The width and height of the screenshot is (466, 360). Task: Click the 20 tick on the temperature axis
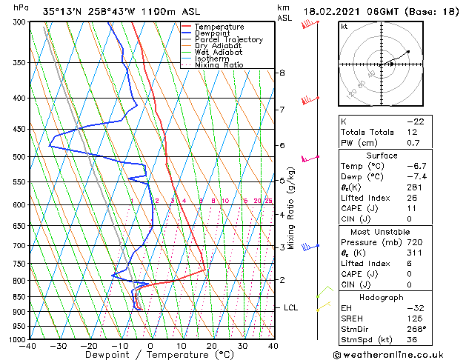pyautogui.click(x=211, y=346)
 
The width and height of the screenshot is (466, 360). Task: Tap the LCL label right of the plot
pyautogui.click(x=291, y=307)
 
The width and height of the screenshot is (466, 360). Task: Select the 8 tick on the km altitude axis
pyautogui.click(x=282, y=73)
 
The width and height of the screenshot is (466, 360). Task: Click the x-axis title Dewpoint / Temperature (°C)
pyautogui.click(x=150, y=355)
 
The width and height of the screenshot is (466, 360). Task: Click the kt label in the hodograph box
pyautogui.click(x=344, y=26)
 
